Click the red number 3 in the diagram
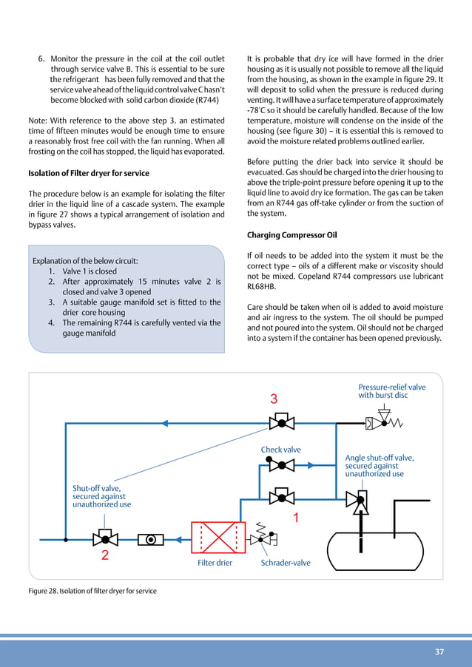click(274, 399)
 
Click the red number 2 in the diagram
click(105, 556)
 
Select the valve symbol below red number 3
click(280, 424)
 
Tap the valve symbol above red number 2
click(104, 538)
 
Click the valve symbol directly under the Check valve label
click(280, 466)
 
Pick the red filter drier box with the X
click(218, 538)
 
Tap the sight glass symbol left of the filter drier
click(151, 539)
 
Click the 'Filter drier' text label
click(215, 563)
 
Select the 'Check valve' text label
click(281, 449)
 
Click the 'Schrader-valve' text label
click(286, 563)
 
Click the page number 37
click(439, 651)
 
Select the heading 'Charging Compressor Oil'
click(292, 236)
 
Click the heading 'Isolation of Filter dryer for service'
click(89, 174)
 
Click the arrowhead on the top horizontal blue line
click(166, 424)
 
